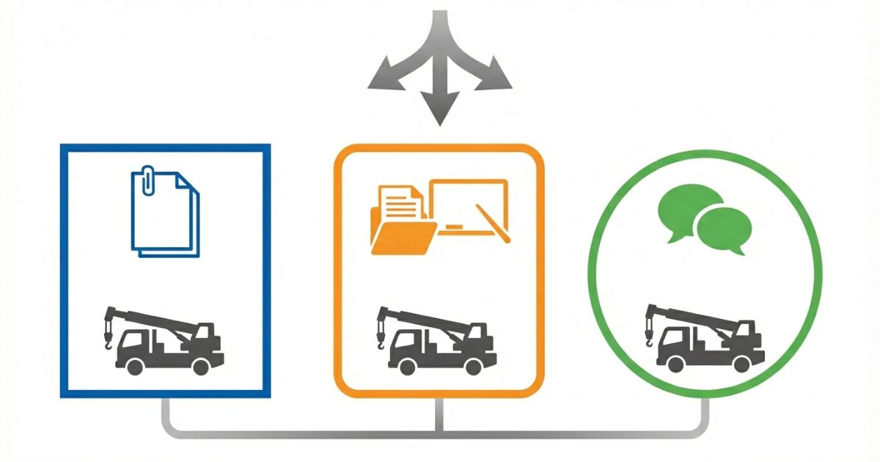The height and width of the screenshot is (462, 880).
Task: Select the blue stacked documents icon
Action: coord(164,213)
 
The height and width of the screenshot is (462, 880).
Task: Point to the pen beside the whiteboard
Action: coord(492,224)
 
